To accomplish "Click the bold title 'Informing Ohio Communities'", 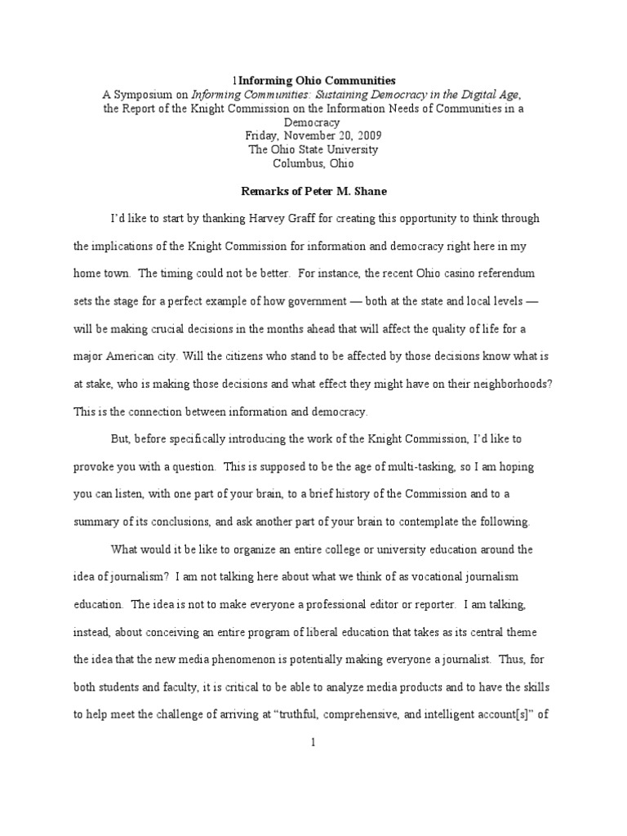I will pos(317,80).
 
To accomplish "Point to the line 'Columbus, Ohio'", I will pos(313,163).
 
